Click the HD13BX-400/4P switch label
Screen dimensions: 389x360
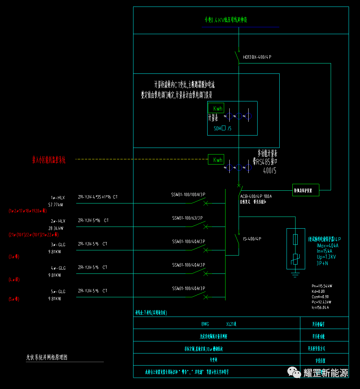pyautogui.click(x=257, y=57)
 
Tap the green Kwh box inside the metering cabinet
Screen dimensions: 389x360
pyautogui.click(x=216, y=108)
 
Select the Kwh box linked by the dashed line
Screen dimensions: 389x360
pyautogui.click(x=216, y=160)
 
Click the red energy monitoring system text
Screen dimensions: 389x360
pyautogui.click(x=49, y=160)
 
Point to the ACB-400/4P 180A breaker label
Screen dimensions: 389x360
pyautogui.click(x=256, y=196)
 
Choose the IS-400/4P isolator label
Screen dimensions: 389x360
pyautogui.click(x=252, y=239)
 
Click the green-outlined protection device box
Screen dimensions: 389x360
pyautogui.click(x=306, y=190)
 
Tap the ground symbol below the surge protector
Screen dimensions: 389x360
pyautogui.click(x=295, y=275)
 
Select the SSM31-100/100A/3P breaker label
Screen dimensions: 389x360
pyautogui.click(x=188, y=194)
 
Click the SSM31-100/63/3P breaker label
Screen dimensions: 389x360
pyautogui.click(x=187, y=218)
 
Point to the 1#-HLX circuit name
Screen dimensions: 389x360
pyautogui.click(x=58, y=198)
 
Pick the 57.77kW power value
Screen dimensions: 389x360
pyautogui.click(x=56, y=205)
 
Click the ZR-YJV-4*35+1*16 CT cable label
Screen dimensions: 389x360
pyautogui.click(x=98, y=197)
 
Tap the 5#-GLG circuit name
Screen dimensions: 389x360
pyautogui.click(x=58, y=291)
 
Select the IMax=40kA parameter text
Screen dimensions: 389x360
pyautogui.click(x=327, y=246)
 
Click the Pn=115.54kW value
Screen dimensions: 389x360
pyautogui.click(x=322, y=286)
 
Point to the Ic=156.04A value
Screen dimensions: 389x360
pyautogui.click(x=320, y=307)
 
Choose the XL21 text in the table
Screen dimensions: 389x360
pyautogui.click(x=231, y=324)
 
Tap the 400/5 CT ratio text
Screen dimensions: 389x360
pyautogui.click(x=269, y=170)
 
